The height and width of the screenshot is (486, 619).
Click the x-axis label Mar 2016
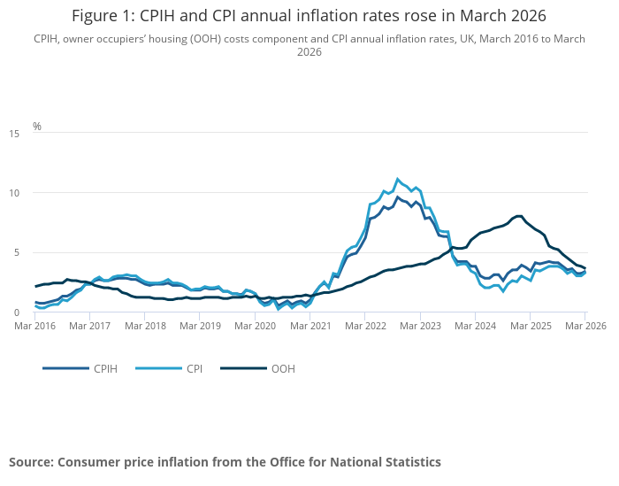(x=35, y=327)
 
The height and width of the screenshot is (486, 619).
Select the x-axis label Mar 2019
(x=201, y=327)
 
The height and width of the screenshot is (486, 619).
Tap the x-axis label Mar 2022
(x=365, y=327)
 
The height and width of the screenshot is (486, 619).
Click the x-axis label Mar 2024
(x=475, y=327)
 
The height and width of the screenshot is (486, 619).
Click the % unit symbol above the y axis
(x=37, y=127)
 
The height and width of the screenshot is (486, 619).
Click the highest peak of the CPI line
(x=397, y=179)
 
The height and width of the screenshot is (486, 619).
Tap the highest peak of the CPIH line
(x=397, y=197)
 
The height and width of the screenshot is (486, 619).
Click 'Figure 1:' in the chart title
(x=102, y=16)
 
